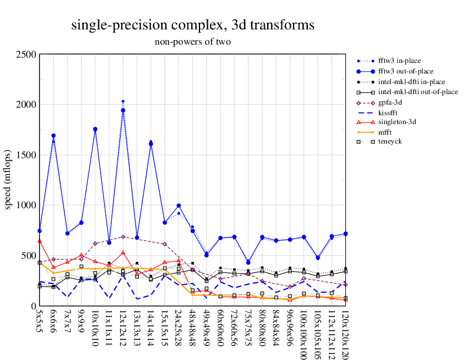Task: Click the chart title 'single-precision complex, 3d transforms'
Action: click(192, 25)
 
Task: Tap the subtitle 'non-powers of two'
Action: click(192, 42)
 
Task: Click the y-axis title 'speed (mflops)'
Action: click(8, 180)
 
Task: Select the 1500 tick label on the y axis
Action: click(26, 155)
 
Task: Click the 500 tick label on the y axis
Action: click(29, 256)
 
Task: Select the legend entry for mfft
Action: click(386, 134)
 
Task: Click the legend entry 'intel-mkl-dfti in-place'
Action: click(411, 82)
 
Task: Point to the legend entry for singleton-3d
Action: click(397, 124)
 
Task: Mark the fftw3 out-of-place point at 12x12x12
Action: click(123, 111)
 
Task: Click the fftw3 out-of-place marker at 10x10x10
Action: click(95, 129)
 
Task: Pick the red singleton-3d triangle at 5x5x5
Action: click(39, 241)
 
